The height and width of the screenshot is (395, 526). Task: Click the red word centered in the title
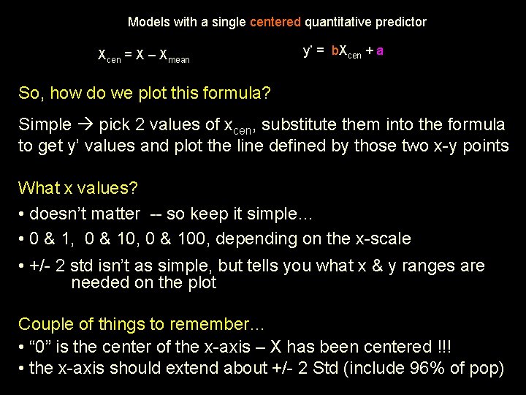pyautogui.click(x=275, y=22)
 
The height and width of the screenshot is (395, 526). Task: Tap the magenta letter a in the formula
pyautogui.click(x=381, y=51)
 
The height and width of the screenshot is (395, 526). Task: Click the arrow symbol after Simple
pyautogui.click(x=85, y=124)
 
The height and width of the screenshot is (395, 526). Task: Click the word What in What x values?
pyautogui.click(x=39, y=188)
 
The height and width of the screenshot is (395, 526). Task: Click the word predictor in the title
pyautogui.click(x=400, y=22)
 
